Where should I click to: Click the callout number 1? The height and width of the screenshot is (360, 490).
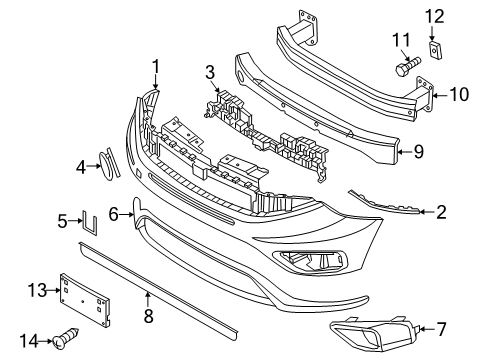(x=156, y=67)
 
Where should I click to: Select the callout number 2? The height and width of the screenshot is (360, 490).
(x=442, y=211)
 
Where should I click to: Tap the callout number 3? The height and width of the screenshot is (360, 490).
(x=209, y=72)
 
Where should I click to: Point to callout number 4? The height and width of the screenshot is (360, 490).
(x=82, y=168)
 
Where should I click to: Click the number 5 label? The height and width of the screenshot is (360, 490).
(x=62, y=221)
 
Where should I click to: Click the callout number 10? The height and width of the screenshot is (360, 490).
(x=459, y=95)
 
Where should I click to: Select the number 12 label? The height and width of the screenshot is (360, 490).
(x=433, y=16)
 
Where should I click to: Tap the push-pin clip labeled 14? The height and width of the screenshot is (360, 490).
(x=73, y=341)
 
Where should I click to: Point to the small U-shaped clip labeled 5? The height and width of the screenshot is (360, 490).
(x=88, y=222)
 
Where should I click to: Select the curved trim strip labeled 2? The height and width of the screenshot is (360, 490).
(x=385, y=203)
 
